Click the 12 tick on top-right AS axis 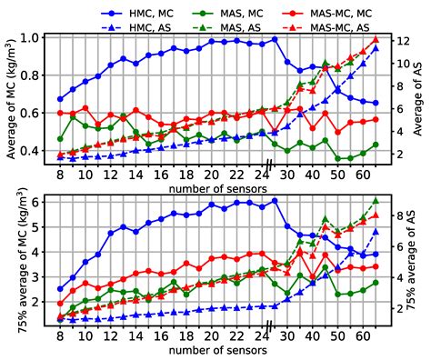pos(400,41)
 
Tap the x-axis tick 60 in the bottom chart pos(363,336)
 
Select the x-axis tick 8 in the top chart pos(61,174)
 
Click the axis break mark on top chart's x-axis pos(269,163)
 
